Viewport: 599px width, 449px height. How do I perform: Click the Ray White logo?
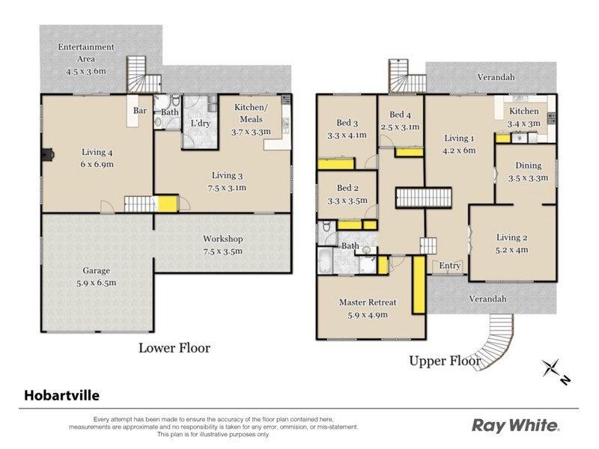click(x=516, y=425)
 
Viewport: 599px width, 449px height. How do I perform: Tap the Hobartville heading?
click(x=61, y=395)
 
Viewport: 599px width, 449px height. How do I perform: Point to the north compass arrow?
click(x=556, y=372)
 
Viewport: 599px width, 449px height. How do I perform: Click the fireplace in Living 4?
click(x=48, y=155)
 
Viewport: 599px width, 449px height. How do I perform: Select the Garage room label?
click(x=97, y=271)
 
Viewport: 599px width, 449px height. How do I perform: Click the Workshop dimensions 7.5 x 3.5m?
click(x=222, y=251)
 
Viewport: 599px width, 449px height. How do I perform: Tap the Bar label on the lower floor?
click(x=140, y=110)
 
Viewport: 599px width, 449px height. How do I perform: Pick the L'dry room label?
click(x=201, y=123)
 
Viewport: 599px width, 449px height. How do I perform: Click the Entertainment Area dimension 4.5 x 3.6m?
click(x=86, y=71)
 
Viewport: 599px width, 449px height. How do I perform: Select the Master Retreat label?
click(x=368, y=302)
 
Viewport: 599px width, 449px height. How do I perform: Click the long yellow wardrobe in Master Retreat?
click(x=419, y=284)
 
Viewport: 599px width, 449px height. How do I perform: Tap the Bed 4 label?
click(x=400, y=114)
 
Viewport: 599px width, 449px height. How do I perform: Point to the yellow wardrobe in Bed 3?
click(x=336, y=163)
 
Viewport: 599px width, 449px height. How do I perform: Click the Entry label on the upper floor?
click(x=450, y=266)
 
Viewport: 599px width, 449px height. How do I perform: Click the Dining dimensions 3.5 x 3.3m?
click(x=529, y=178)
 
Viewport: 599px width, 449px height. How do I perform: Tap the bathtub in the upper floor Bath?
click(x=326, y=260)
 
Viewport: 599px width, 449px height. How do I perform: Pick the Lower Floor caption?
click(x=174, y=348)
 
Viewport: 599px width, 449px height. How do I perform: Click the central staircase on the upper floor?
click(x=424, y=198)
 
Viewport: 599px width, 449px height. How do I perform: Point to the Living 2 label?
click(x=512, y=237)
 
